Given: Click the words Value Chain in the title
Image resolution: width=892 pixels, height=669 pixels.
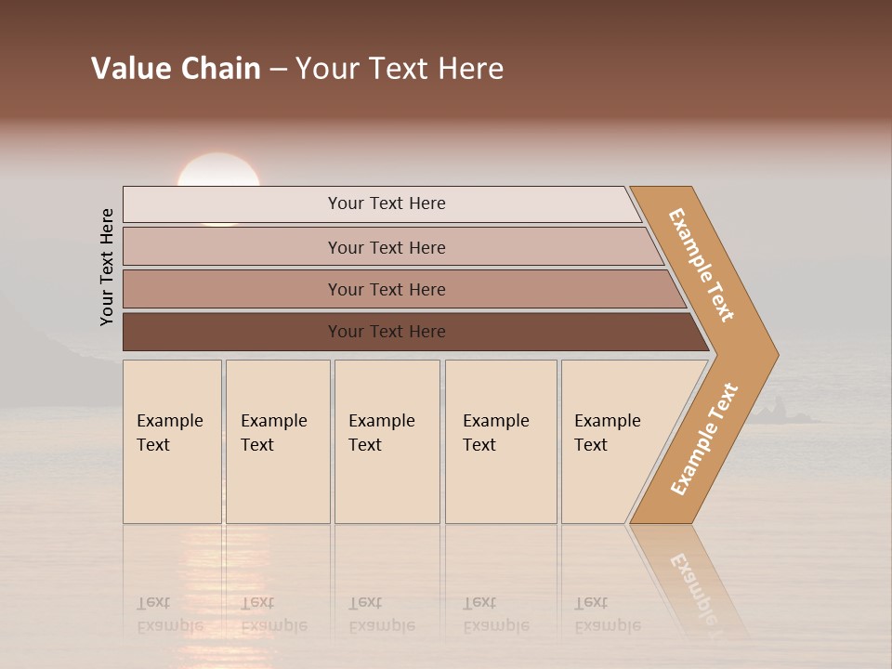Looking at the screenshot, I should point(176,69).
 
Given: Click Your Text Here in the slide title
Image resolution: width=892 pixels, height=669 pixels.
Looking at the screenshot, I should point(400,69).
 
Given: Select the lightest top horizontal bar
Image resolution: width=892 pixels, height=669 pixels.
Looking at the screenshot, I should point(386,203).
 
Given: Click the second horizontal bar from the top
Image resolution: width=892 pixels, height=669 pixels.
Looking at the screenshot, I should point(386,247).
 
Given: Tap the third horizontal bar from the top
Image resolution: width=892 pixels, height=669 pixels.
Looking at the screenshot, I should point(386,289).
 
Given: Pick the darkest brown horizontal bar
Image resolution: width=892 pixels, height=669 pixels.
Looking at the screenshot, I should point(386,332).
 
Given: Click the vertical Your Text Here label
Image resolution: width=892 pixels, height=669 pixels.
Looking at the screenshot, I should point(107,268).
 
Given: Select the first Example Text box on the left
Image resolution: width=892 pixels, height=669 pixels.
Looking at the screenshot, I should point(172,441).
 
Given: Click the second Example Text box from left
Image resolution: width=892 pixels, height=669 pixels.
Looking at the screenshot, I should point(277,441).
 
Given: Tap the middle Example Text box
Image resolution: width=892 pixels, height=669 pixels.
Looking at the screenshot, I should point(386,441).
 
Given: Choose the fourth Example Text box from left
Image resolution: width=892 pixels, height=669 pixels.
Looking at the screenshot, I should point(500,441).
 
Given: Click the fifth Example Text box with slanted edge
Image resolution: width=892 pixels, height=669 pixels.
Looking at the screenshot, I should point(609,441).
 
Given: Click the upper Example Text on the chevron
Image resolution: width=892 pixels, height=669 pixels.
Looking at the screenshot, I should point(702,266).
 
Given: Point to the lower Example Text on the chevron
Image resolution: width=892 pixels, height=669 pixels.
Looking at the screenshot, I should point(704,439).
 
